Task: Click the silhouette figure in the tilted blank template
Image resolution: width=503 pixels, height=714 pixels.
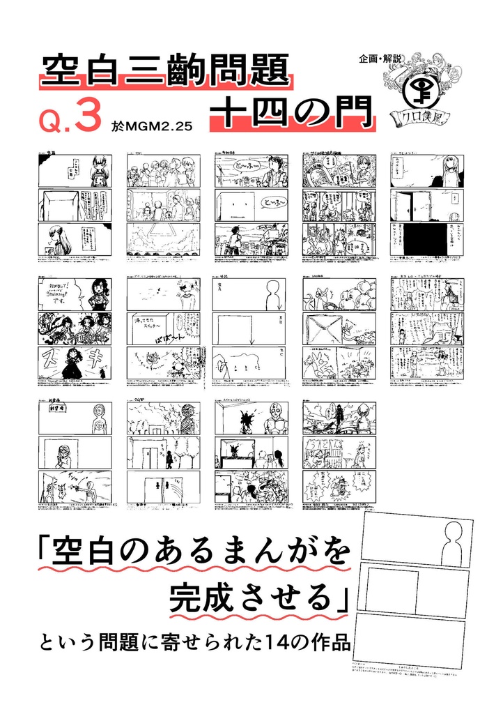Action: [454, 543]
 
